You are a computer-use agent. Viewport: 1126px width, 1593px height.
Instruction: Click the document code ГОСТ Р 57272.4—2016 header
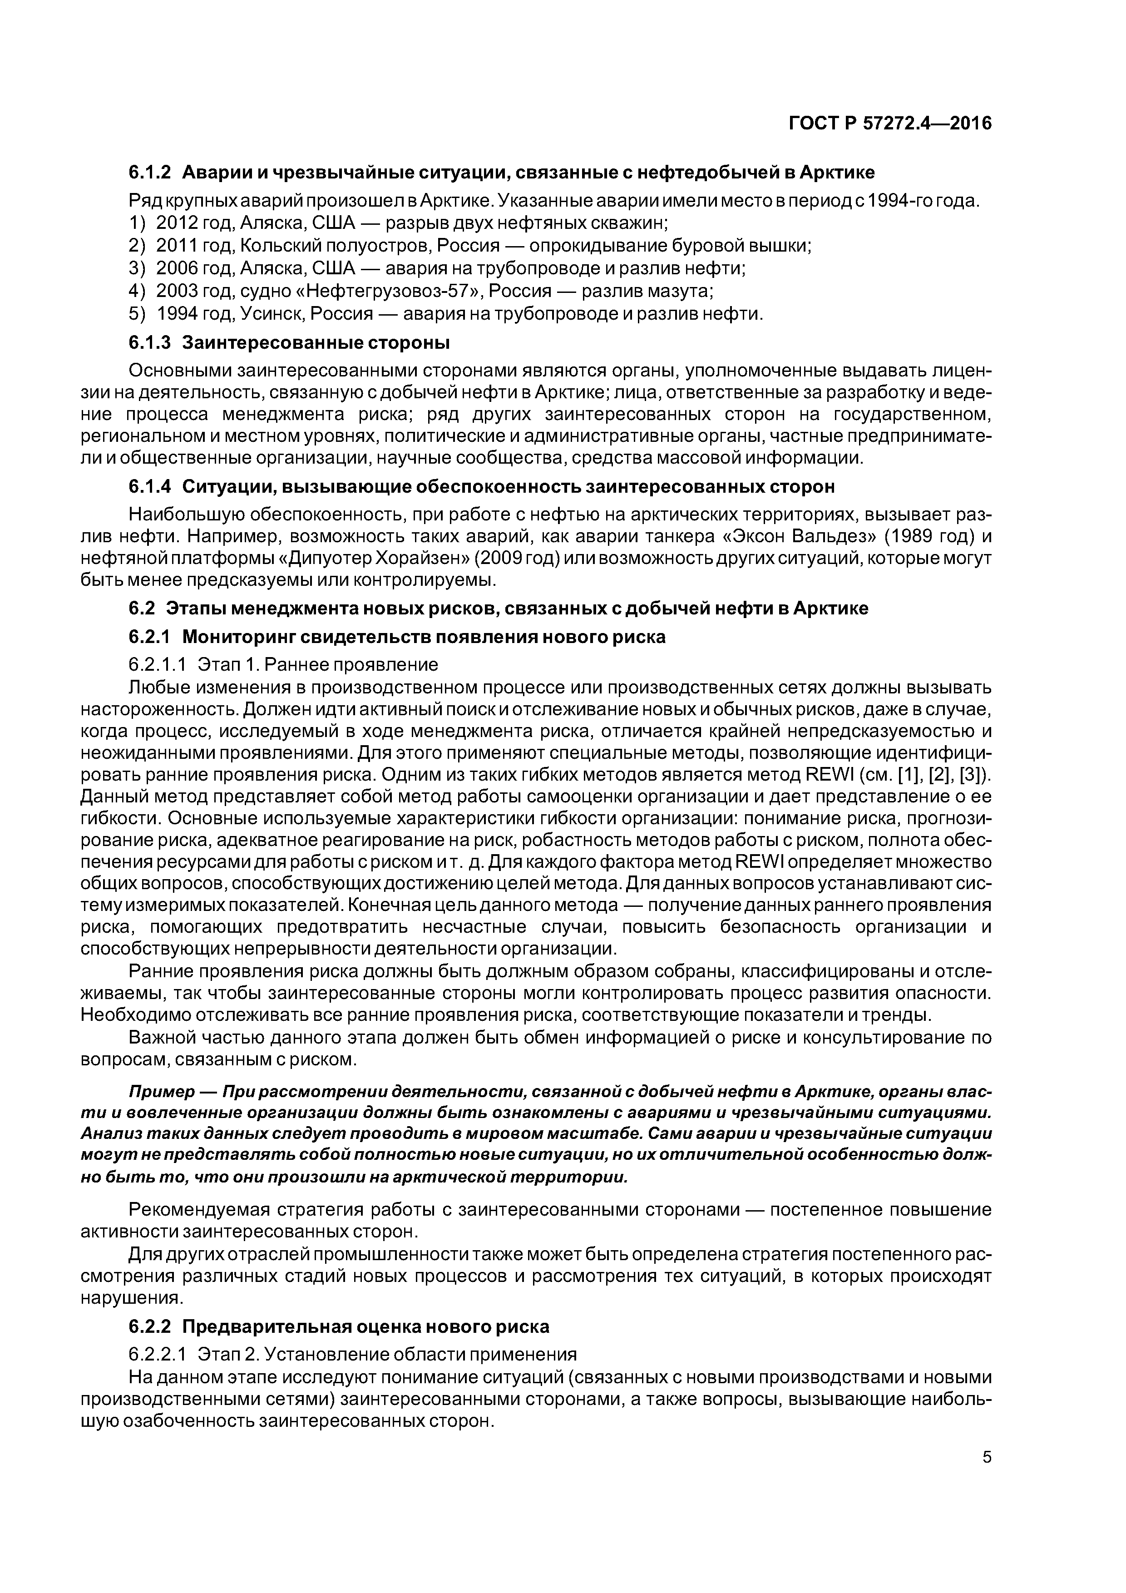pos(890,124)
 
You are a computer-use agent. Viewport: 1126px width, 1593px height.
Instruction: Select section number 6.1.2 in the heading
pos(150,172)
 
